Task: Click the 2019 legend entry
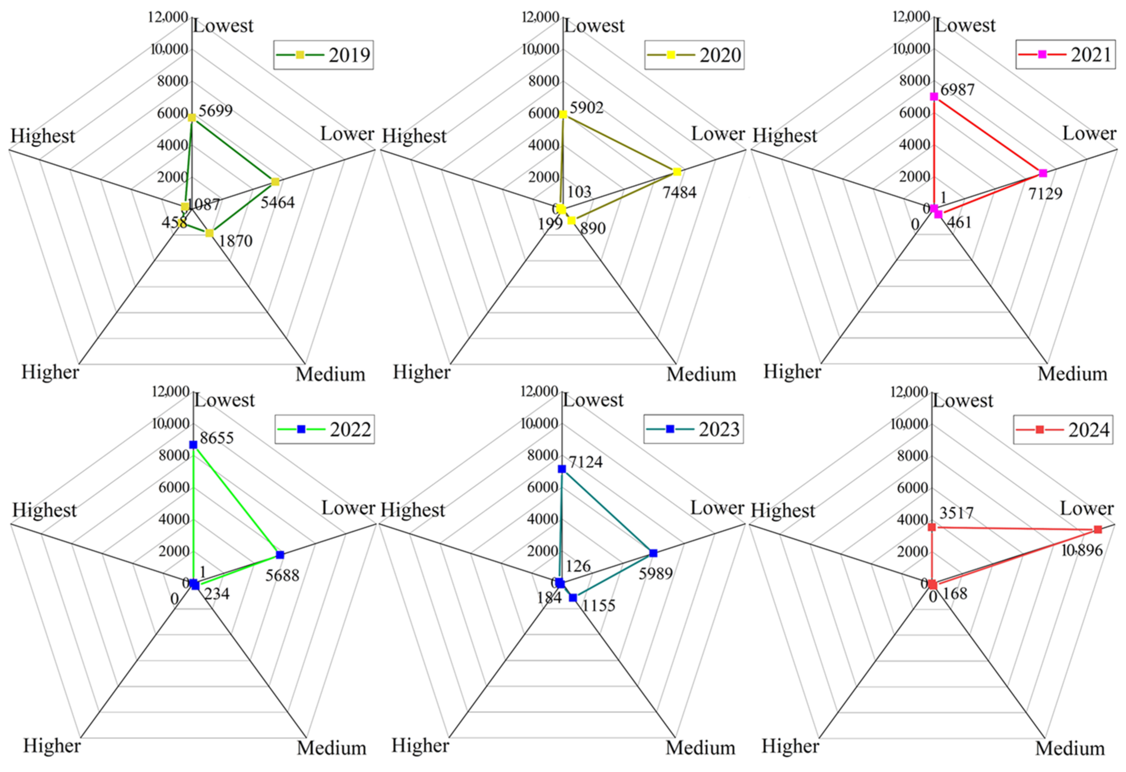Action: pos(323,55)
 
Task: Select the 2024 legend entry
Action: pos(1063,430)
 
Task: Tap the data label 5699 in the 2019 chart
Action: pos(216,111)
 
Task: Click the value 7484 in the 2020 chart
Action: pos(679,192)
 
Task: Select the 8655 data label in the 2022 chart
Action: pos(216,438)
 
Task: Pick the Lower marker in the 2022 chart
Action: pos(280,555)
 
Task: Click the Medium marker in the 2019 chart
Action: pos(209,233)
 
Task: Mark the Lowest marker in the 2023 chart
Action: pos(562,469)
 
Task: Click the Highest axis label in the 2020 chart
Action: pos(414,136)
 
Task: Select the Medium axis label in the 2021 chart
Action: pos(1072,374)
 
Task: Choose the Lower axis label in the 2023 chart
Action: pos(717,508)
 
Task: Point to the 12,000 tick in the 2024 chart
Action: pos(910,392)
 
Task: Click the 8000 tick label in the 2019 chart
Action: pos(172,81)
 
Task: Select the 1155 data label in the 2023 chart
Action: pos(598,605)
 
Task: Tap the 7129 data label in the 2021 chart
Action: pos(1045,194)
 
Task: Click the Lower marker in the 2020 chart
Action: pos(677,172)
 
